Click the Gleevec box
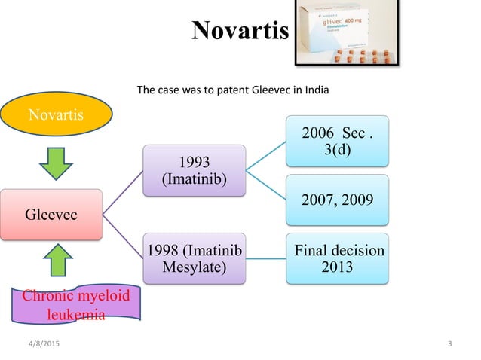point(51,214)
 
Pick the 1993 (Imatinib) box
point(195,172)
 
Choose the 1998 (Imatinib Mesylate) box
point(195,259)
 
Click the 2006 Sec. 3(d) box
point(338,141)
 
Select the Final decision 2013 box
point(338,259)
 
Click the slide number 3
point(449,344)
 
